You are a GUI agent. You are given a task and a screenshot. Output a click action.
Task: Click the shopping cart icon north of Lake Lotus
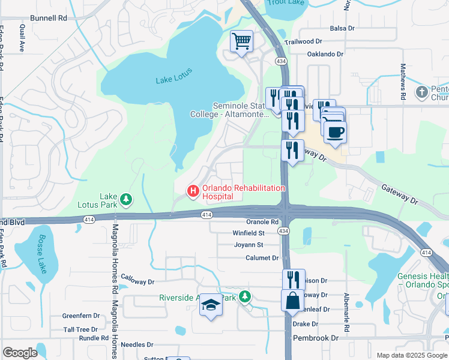point(241,41)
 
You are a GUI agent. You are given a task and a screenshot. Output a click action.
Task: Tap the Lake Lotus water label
point(174,76)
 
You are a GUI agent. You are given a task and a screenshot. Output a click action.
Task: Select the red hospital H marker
point(193,191)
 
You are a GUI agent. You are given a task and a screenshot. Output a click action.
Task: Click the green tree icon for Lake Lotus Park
point(125,198)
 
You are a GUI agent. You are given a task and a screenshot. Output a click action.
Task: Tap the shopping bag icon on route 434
point(292,301)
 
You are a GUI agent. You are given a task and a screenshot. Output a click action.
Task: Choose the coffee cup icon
point(335,132)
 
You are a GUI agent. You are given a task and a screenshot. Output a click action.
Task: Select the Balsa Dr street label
point(343,28)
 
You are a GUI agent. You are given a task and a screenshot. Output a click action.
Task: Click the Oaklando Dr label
point(325,54)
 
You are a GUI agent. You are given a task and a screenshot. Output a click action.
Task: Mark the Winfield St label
point(249,233)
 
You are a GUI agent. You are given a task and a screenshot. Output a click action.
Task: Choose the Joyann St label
point(249,245)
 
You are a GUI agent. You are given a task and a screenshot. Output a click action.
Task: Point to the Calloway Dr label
point(137,279)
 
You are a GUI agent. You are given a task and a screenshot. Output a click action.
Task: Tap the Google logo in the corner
point(20,353)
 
